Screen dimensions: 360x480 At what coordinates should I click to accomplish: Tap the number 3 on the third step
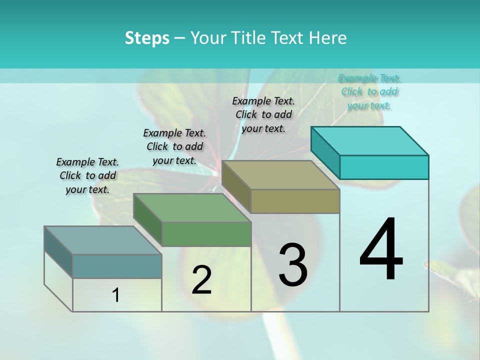click(x=292, y=264)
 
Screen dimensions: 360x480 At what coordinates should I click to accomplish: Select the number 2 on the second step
click(x=201, y=280)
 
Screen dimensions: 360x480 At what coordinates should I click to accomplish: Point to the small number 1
click(x=116, y=295)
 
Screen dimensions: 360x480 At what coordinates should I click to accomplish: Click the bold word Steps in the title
click(x=147, y=38)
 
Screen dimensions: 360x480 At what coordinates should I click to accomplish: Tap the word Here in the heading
click(x=329, y=38)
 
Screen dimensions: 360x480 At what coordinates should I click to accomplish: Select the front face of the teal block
click(x=384, y=167)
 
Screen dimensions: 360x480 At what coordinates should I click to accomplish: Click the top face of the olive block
click(x=280, y=175)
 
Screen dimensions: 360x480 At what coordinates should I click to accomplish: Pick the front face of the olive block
click(x=295, y=201)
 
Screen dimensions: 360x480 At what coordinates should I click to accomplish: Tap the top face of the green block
click(x=192, y=208)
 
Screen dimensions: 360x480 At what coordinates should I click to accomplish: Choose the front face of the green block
click(x=206, y=234)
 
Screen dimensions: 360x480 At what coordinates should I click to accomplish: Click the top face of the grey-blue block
click(x=102, y=240)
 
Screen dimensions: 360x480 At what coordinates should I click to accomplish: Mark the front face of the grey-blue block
click(x=117, y=266)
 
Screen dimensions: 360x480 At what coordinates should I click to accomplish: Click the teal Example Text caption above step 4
click(x=369, y=91)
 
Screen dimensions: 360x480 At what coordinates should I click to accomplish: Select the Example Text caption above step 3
click(x=263, y=114)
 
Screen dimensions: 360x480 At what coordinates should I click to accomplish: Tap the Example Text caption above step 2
click(x=174, y=146)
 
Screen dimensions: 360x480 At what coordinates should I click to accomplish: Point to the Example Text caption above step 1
click(x=87, y=175)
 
